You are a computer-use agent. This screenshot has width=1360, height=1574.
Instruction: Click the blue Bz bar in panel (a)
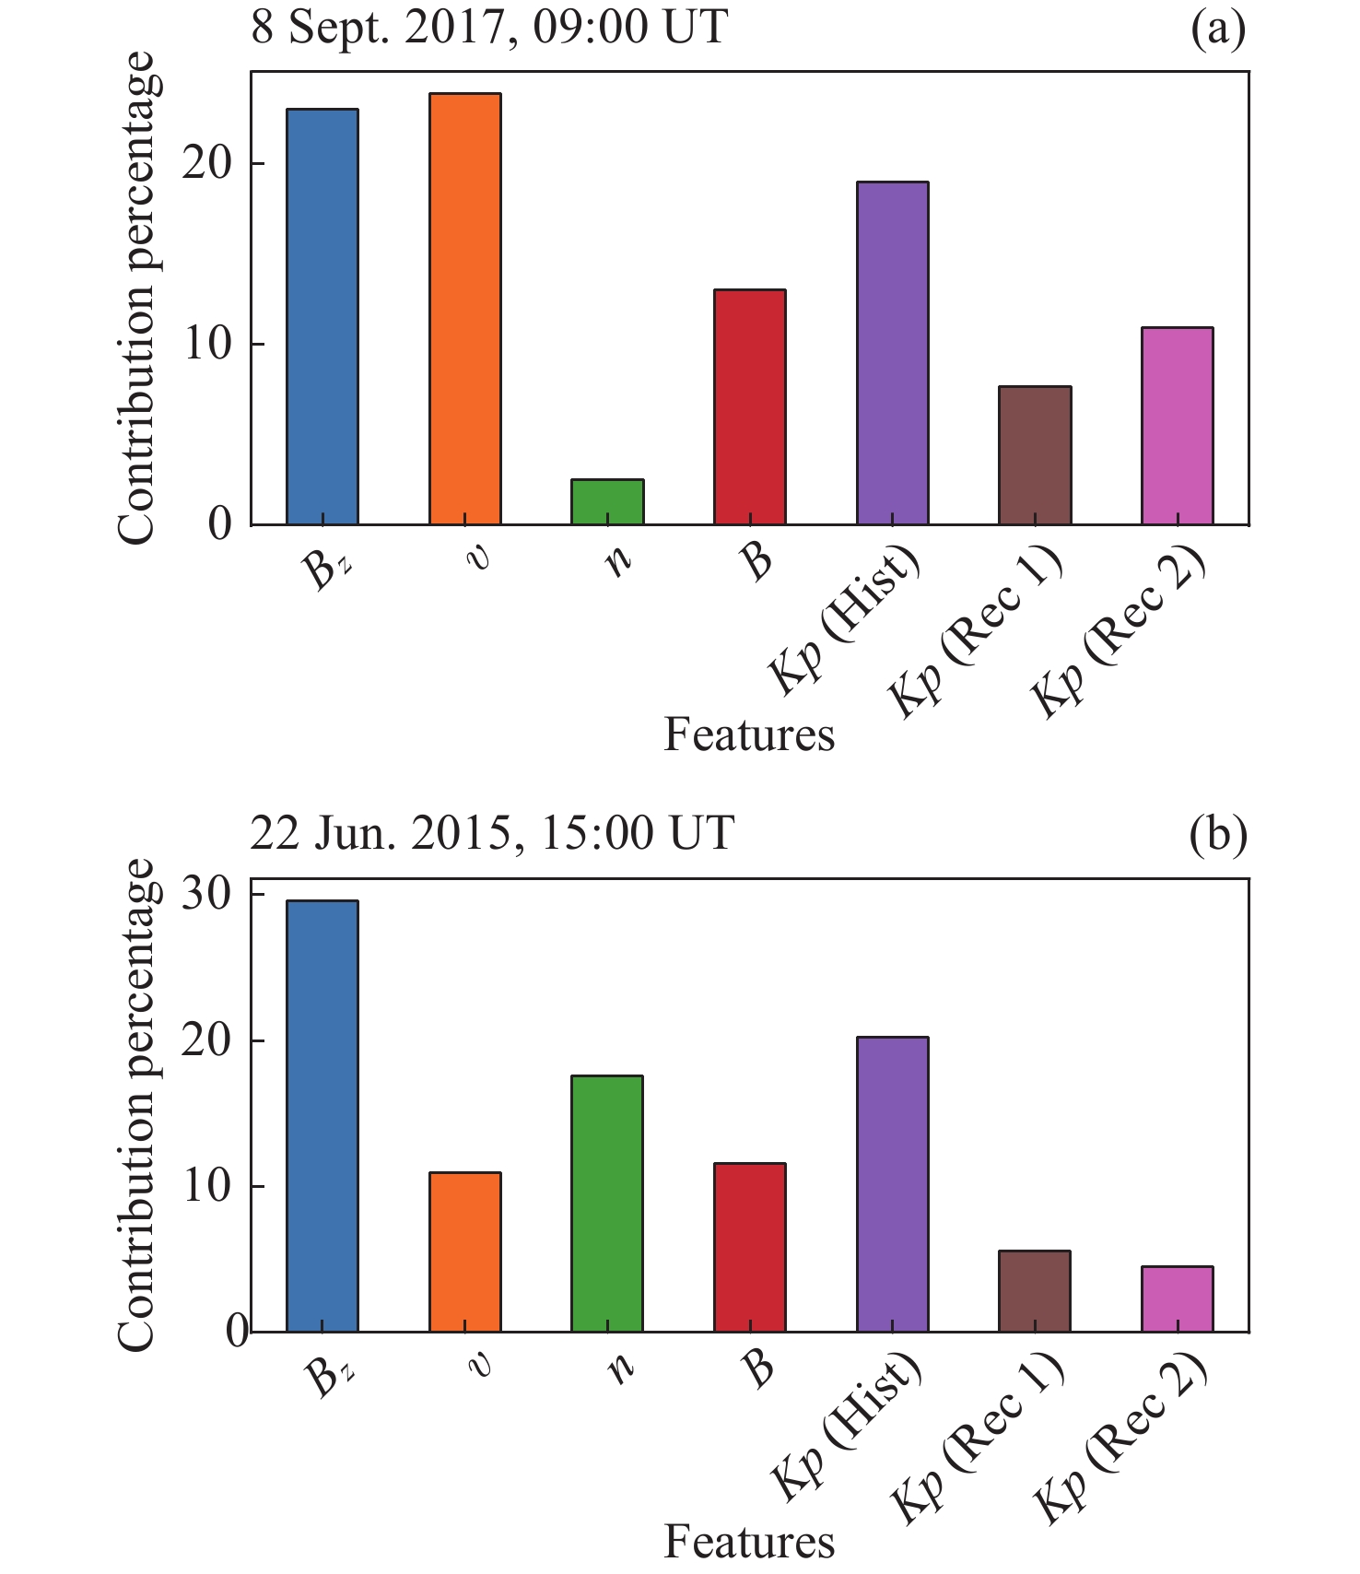tap(322, 317)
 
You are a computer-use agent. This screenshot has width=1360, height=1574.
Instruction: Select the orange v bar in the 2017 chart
tap(465, 309)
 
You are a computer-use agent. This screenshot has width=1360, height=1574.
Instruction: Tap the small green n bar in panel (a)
tap(607, 502)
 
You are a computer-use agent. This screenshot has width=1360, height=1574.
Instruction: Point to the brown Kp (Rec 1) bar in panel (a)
tap(1035, 455)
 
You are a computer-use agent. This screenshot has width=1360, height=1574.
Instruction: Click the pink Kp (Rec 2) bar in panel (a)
tap(1177, 426)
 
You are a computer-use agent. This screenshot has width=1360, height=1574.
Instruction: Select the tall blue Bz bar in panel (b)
tap(322, 1116)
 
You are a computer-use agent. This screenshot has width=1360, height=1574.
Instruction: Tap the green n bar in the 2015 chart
tap(607, 1204)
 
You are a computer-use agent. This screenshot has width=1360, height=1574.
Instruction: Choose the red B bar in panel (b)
tap(750, 1248)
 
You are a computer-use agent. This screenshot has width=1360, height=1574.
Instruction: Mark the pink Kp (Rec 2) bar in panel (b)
tap(1177, 1299)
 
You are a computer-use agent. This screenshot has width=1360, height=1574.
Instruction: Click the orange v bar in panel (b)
tap(465, 1252)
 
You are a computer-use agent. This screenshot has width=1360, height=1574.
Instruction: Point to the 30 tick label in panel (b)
tap(205, 895)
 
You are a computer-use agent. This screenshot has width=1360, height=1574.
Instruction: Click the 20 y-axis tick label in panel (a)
tap(205, 164)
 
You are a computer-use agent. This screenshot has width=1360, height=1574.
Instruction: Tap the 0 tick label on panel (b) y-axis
tap(236, 1332)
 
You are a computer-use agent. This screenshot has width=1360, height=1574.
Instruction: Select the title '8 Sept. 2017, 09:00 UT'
tap(489, 27)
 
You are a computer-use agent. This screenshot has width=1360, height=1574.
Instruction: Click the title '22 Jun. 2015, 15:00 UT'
tap(492, 833)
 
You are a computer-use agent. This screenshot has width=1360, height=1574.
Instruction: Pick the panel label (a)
tap(1217, 28)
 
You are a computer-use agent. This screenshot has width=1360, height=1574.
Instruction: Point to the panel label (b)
tap(1217, 834)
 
